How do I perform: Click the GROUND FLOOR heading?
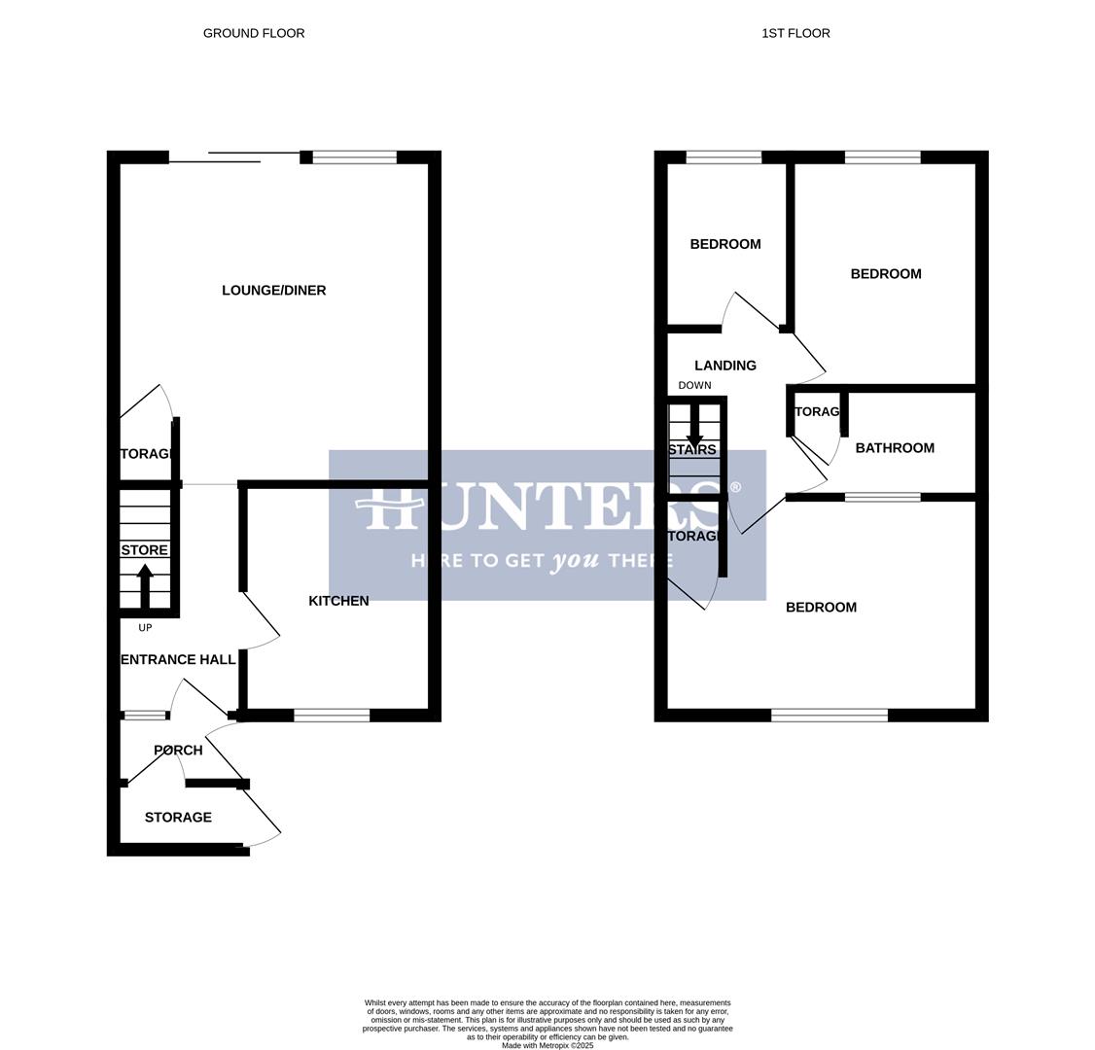(x=254, y=33)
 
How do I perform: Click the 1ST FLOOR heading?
(x=795, y=33)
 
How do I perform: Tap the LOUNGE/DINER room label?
(x=273, y=291)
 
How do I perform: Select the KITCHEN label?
(x=338, y=601)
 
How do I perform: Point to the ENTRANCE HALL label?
(x=178, y=659)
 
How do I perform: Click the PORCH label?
(x=178, y=751)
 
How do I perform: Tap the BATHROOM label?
(x=895, y=448)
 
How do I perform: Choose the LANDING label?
(x=725, y=366)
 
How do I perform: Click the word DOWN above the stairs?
(x=694, y=386)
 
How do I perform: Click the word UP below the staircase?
(x=145, y=628)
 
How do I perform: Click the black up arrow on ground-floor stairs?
(x=145, y=584)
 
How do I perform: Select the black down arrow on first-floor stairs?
(x=694, y=428)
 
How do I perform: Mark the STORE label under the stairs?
(x=145, y=550)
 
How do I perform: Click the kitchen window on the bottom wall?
(x=332, y=716)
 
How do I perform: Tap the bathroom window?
(x=882, y=498)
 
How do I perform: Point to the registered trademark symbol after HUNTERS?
(x=735, y=487)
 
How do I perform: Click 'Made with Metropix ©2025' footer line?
(x=547, y=1045)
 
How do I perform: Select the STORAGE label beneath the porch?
(x=178, y=818)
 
